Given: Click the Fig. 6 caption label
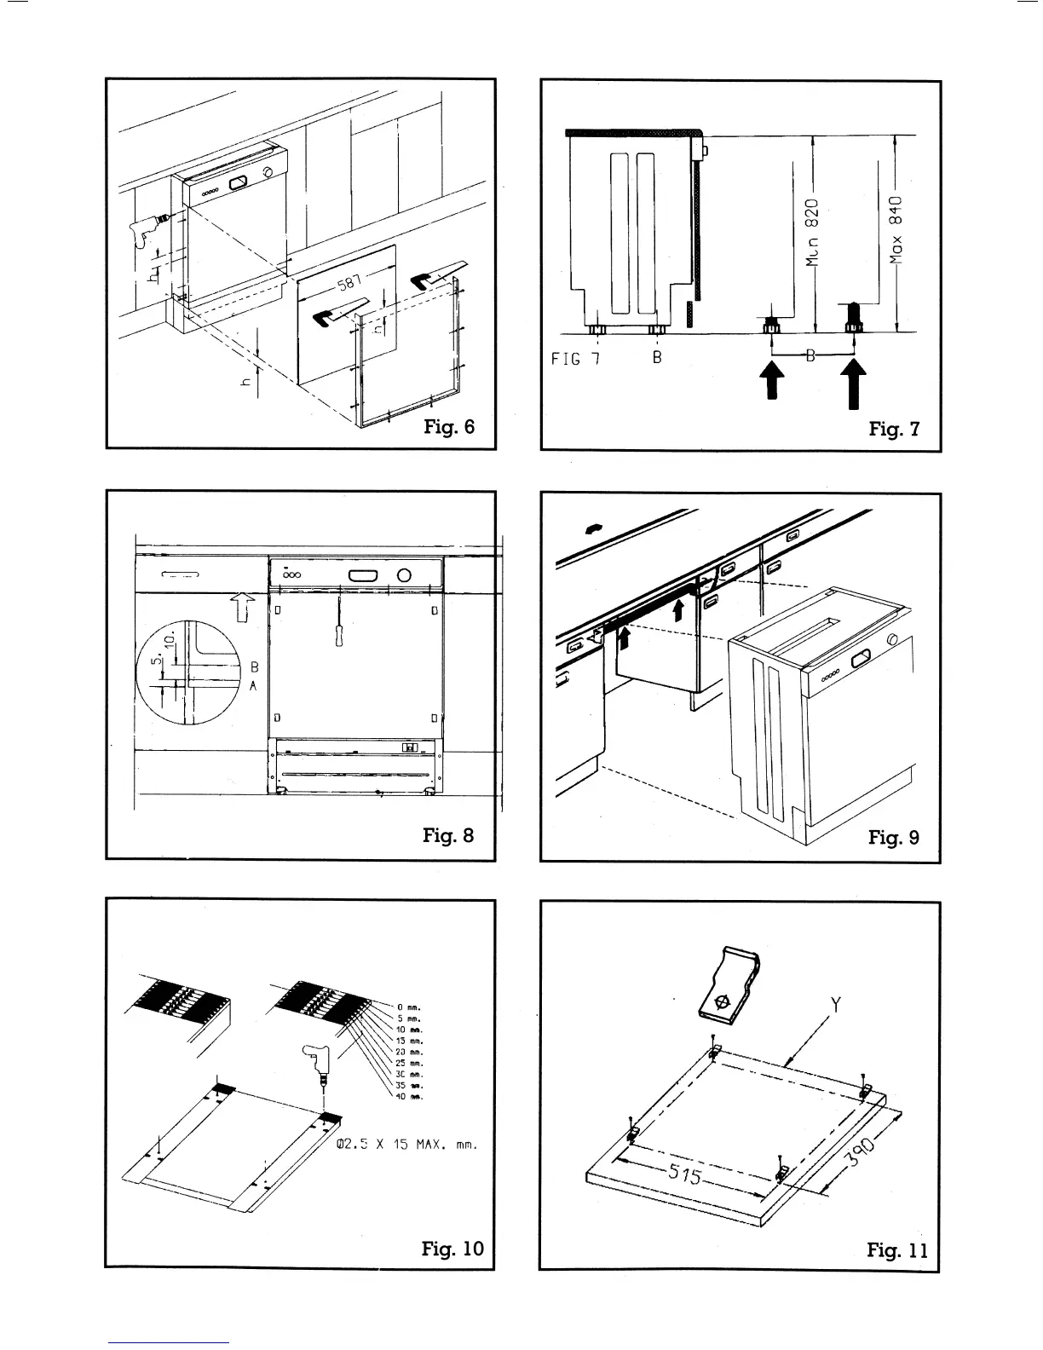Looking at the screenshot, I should point(449,426).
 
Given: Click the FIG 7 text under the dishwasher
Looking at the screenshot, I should point(576,358).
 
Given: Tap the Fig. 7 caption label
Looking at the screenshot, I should point(894,429).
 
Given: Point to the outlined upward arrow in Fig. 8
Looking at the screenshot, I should point(244,609).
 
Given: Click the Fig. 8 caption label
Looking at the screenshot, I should point(448,834).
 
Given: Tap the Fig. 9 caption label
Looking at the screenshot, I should point(894,837).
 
